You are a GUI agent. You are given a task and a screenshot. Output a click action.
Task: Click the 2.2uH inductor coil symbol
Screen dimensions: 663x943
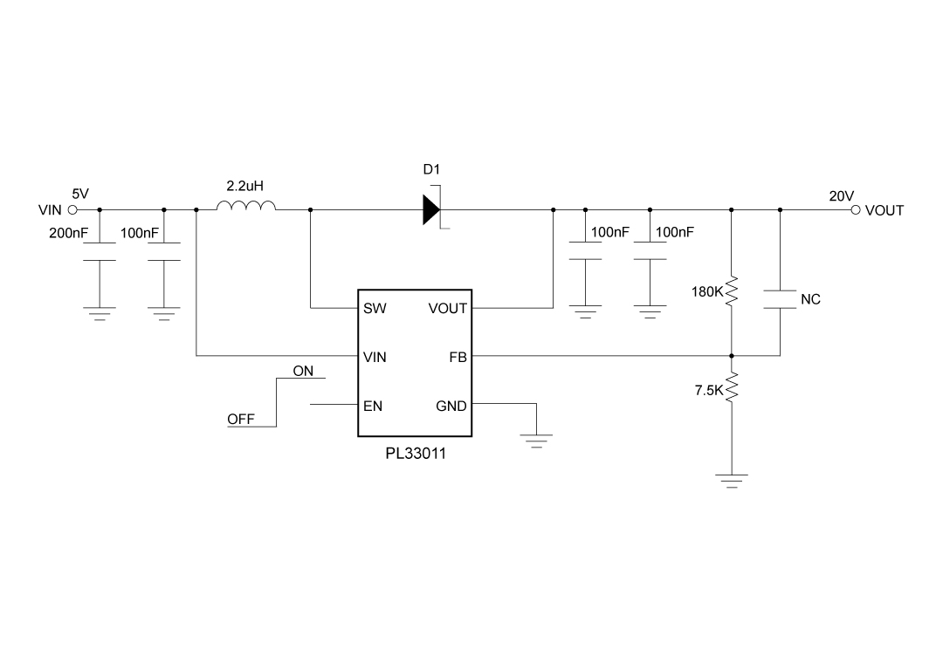tap(245, 207)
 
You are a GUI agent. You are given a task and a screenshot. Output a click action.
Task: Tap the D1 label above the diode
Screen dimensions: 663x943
tap(432, 169)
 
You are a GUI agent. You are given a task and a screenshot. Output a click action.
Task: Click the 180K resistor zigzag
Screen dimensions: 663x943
tap(732, 290)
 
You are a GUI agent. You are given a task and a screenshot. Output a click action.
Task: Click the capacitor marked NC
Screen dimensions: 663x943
tap(780, 299)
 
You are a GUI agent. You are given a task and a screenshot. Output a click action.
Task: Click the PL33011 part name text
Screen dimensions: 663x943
tap(415, 454)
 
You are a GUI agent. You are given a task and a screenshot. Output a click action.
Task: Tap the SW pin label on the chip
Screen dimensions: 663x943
tap(374, 308)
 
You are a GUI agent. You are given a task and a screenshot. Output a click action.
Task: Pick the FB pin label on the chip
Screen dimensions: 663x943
tap(458, 357)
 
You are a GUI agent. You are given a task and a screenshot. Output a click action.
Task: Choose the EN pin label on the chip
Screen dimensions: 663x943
tap(373, 406)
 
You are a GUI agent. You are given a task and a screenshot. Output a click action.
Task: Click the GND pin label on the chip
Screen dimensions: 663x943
tap(451, 406)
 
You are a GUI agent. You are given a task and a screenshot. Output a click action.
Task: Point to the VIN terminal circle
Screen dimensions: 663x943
tap(72, 210)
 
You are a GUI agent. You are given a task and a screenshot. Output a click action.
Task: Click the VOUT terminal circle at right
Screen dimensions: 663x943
tap(856, 210)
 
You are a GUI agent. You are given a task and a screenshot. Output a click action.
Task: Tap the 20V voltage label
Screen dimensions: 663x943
tap(841, 196)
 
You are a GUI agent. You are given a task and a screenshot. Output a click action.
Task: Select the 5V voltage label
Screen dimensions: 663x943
tap(79, 194)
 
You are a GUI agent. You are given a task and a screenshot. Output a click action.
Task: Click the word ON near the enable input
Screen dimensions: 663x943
tap(303, 371)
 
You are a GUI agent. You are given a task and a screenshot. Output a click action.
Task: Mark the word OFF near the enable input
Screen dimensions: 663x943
tap(241, 419)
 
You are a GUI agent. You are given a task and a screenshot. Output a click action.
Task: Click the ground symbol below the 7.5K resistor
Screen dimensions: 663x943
tap(732, 480)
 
